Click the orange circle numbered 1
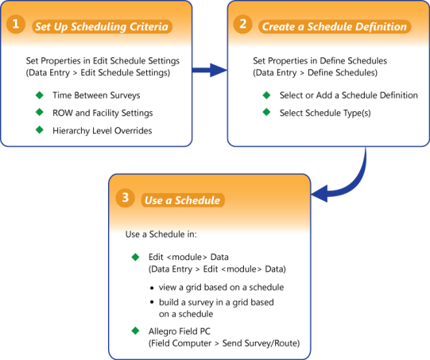coord(16,24)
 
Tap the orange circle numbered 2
coord(242,24)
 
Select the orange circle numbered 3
coord(125,197)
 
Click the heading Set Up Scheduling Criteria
coord(102,26)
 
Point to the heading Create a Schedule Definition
coord(335,26)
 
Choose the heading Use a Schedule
coord(182,200)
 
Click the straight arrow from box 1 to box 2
coord(210,70)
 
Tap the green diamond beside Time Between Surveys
coord(40,95)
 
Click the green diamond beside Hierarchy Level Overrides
coord(40,130)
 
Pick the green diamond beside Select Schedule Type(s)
coord(266,112)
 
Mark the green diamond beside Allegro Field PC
coord(135,331)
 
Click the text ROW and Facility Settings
coord(103,113)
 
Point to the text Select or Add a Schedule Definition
coord(349,95)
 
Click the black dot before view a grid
coord(152,288)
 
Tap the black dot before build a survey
coord(152,302)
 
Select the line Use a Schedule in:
coord(161,234)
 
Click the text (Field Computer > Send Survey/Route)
coord(224,343)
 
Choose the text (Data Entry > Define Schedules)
coord(315,72)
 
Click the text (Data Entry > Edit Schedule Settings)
coord(98,72)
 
